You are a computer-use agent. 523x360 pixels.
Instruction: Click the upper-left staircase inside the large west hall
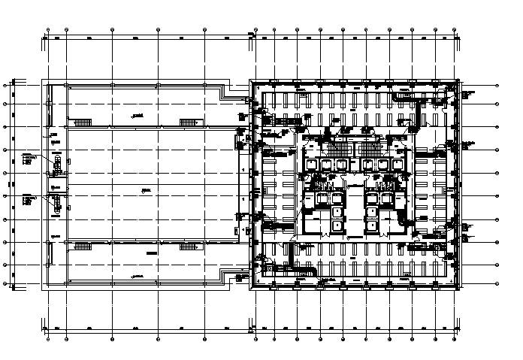coord(82,120)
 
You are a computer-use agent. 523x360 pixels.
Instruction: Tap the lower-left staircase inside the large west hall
coord(82,245)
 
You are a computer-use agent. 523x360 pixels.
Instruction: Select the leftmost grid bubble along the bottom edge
coord(48,328)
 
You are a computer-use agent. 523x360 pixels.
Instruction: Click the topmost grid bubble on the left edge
coord(6,84)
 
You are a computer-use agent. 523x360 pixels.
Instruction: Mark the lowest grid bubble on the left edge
coord(6,284)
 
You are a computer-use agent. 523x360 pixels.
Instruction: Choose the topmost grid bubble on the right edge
coord(498,84)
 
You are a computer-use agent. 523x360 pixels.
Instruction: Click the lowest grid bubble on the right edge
coord(498,284)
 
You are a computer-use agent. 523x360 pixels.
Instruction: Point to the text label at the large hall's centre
coord(146,192)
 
